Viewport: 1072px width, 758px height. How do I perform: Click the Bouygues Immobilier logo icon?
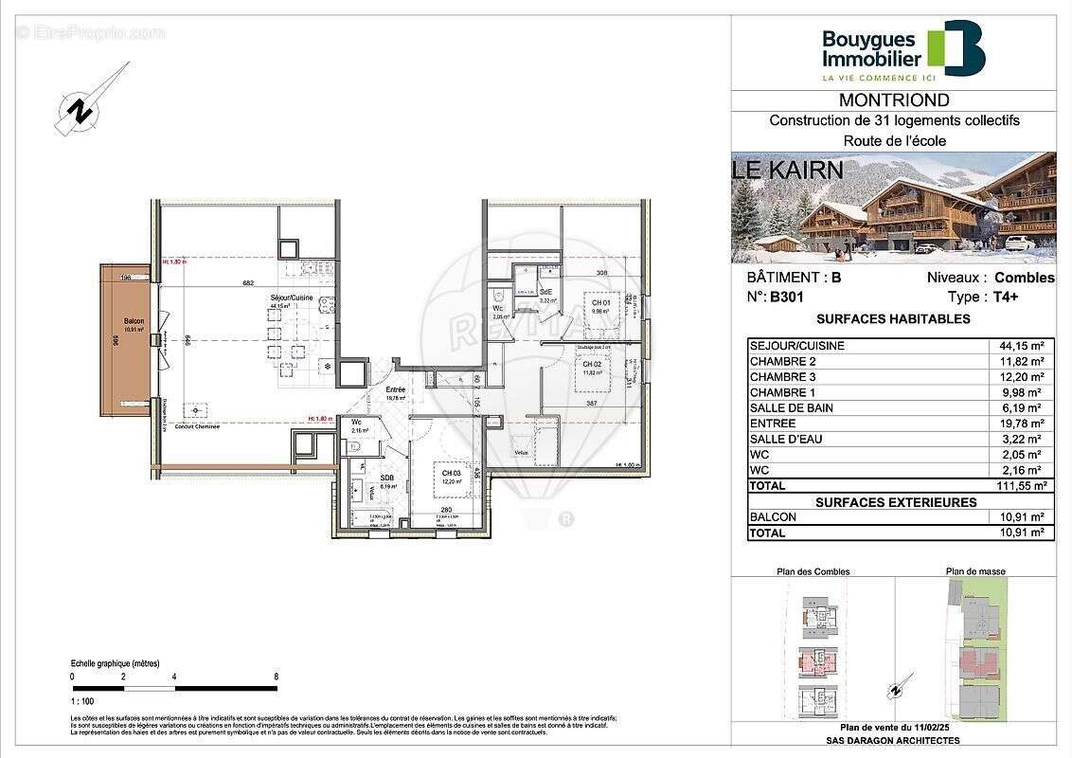point(956,47)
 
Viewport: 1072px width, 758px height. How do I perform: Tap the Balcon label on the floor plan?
point(128,322)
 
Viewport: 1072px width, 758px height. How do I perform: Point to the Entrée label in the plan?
point(395,389)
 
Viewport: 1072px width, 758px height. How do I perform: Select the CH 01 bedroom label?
point(599,302)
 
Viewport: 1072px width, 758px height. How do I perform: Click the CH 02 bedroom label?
point(593,364)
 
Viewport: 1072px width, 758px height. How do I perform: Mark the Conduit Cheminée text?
point(197,426)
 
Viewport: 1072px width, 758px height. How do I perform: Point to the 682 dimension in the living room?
point(249,283)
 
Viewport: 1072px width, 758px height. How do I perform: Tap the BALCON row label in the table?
point(773,517)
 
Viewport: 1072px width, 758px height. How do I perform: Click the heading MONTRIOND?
point(894,100)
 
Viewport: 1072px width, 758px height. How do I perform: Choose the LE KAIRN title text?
point(788,171)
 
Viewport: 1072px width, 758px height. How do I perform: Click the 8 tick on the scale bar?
point(276,677)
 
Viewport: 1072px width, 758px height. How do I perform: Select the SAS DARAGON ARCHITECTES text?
point(893,741)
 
